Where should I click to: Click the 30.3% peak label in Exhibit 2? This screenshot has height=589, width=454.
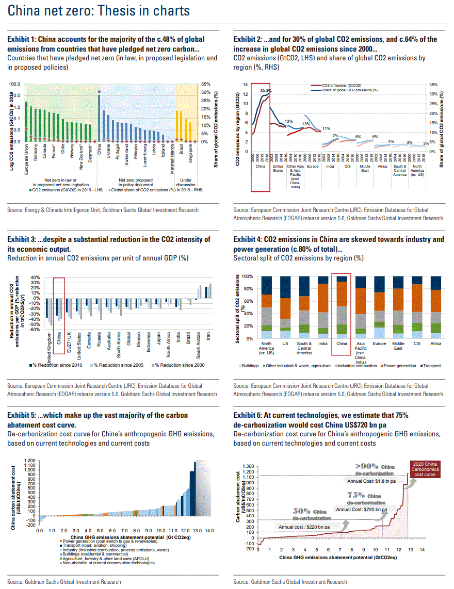click(x=265, y=91)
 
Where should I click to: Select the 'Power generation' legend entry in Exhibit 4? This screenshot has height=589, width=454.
click(x=385, y=366)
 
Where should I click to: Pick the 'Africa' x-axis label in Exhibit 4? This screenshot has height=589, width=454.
click(x=435, y=343)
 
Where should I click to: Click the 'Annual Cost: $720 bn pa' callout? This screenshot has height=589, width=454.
click(x=361, y=510)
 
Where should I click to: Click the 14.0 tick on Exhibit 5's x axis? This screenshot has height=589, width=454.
click(x=209, y=530)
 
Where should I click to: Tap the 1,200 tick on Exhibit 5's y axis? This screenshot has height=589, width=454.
click(x=29, y=460)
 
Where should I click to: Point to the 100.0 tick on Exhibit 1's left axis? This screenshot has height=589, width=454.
click(x=15, y=84)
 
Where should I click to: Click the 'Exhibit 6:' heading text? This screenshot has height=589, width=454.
click(x=248, y=415)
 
